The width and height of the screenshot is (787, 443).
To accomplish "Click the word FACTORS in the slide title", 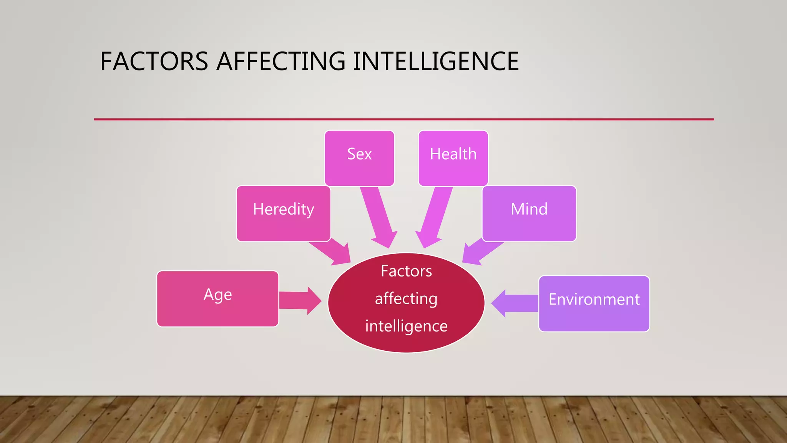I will (x=154, y=62).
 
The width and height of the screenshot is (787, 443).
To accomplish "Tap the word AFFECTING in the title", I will (x=281, y=62).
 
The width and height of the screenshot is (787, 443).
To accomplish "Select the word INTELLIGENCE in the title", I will (x=436, y=62).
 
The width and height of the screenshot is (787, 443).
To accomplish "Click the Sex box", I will (x=359, y=158).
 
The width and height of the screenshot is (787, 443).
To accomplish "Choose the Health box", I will (x=453, y=158).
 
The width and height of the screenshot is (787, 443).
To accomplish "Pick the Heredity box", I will (x=283, y=213).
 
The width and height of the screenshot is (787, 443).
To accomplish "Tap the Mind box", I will (x=529, y=213).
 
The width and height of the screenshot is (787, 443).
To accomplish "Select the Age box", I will (x=218, y=299).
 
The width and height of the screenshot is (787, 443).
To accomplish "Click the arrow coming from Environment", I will (x=515, y=303).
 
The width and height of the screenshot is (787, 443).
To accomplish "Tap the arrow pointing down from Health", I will (x=435, y=217).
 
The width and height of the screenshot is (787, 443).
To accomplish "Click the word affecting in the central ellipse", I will (x=406, y=299).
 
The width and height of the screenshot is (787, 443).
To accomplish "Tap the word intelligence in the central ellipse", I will (x=406, y=326).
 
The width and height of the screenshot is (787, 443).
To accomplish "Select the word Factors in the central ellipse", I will (x=406, y=271).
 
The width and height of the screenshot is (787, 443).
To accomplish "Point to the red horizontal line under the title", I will (x=403, y=119).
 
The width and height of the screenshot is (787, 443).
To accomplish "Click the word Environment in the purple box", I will (x=594, y=299).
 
